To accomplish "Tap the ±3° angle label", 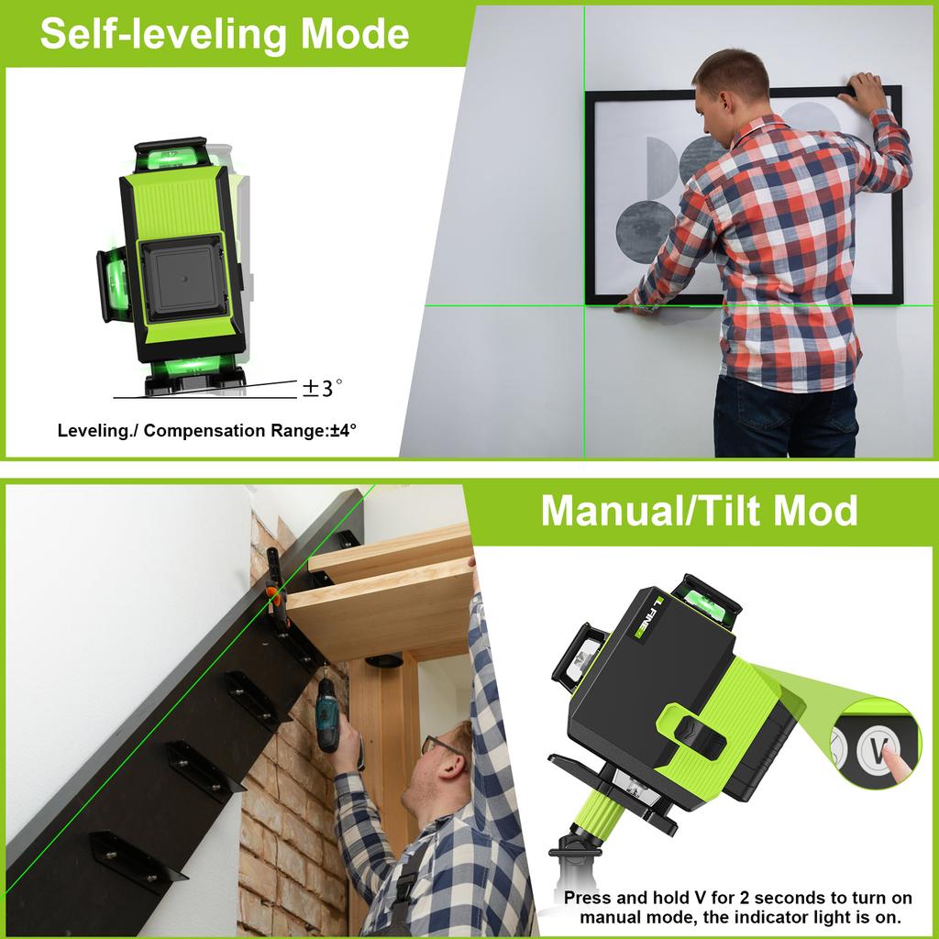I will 322,389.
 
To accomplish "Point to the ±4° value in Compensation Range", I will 342,430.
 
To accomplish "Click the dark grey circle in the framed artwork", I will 646,224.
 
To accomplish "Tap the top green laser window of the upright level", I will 171,156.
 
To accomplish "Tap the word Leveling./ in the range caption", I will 96,430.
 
